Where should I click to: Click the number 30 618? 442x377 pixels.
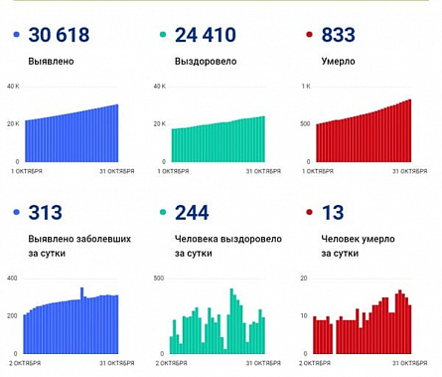point(59,36)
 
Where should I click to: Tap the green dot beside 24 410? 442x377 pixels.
point(162,37)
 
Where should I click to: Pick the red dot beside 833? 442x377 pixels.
point(309,37)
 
